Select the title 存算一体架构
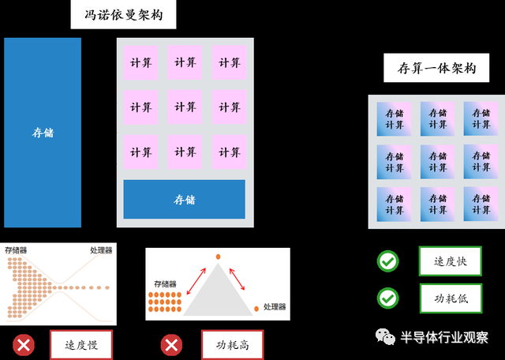click(431, 68)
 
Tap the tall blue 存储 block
click(43, 133)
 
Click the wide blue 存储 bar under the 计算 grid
click(184, 199)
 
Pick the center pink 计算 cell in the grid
click(185, 107)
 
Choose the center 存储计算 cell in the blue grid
click(438, 162)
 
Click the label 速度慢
click(81, 345)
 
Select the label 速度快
click(450, 261)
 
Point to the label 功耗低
click(450, 298)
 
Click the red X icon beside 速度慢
click(24, 345)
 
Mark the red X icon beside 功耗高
click(171, 345)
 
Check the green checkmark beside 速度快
click(387, 261)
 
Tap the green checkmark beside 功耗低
click(387, 298)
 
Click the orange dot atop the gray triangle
click(219, 257)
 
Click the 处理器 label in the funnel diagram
click(101, 250)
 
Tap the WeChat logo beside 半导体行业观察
click(384, 337)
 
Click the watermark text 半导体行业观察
click(445, 337)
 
